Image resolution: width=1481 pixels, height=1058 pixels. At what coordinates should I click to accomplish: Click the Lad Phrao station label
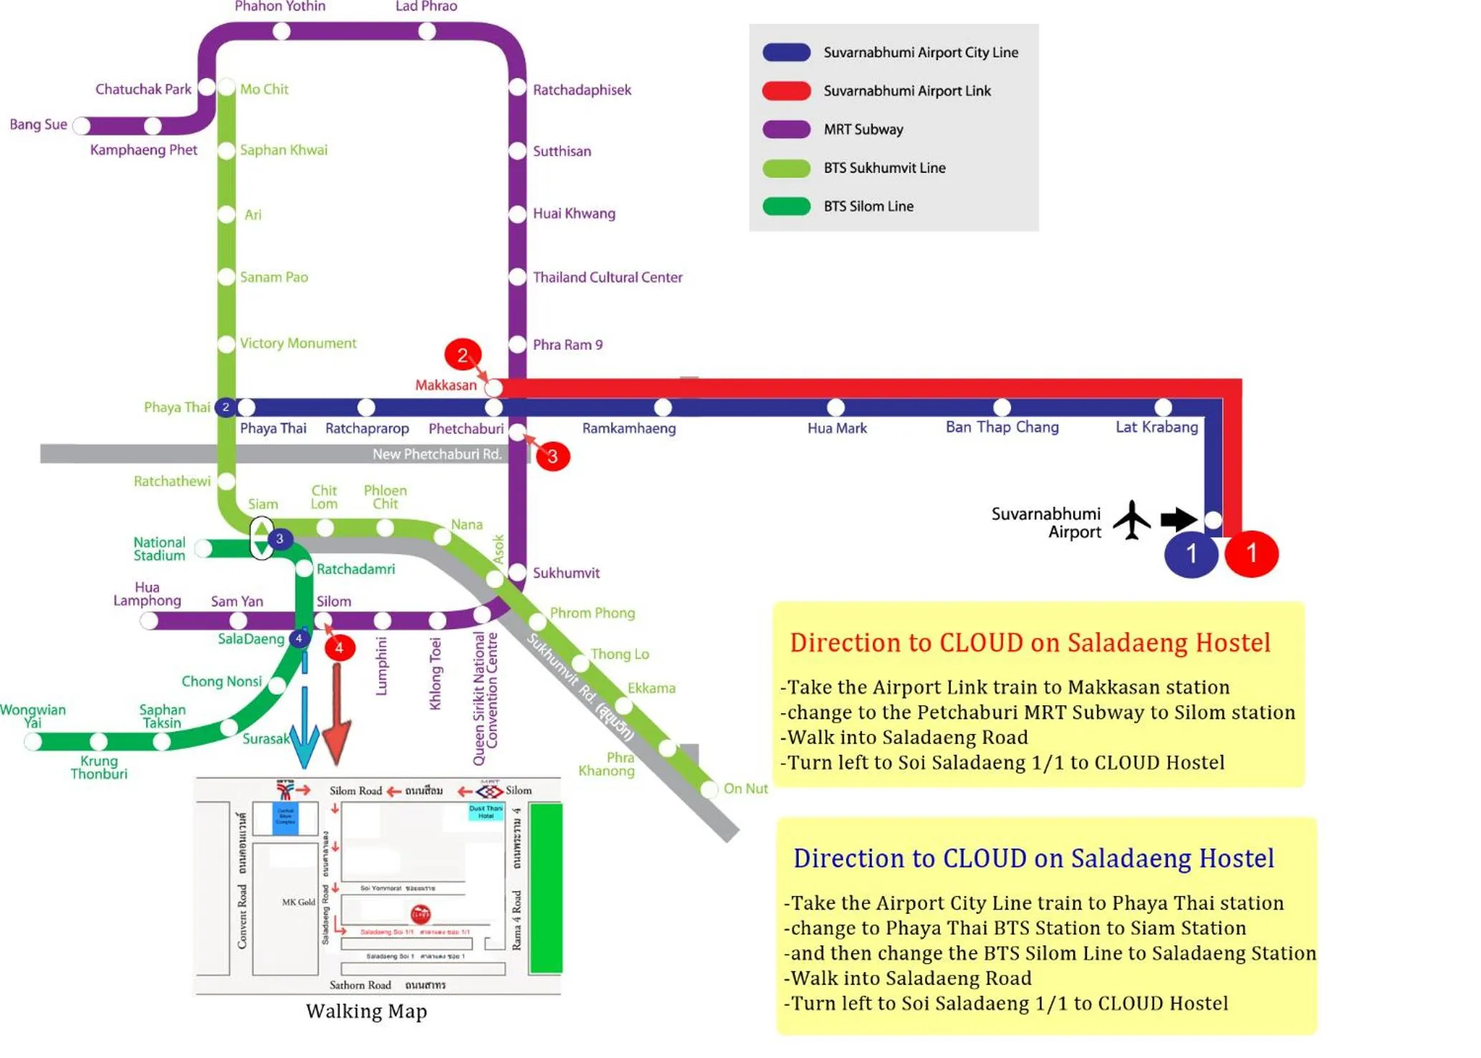pyautogui.click(x=426, y=6)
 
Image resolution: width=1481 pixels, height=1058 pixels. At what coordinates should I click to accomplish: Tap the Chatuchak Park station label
pyautogui.click(x=143, y=89)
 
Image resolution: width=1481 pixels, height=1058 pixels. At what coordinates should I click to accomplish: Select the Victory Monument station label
pyautogui.click(x=298, y=343)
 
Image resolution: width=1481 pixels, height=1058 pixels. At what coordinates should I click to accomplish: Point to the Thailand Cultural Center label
pyautogui.click(x=608, y=277)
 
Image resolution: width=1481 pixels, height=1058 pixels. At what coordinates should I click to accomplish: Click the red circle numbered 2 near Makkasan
pyautogui.click(x=462, y=355)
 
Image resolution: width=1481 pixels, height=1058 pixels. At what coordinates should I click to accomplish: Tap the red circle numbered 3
pyautogui.click(x=552, y=457)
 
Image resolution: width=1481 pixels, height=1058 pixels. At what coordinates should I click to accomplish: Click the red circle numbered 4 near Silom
pyautogui.click(x=339, y=648)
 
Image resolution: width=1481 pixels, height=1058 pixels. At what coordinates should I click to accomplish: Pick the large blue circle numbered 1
pyautogui.click(x=1191, y=553)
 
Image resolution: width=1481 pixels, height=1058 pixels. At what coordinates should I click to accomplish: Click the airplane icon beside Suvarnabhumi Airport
pyautogui.click(x=1131, y=520)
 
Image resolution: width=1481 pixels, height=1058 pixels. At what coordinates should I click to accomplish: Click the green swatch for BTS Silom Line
pyautogui.click(x=786, y=206)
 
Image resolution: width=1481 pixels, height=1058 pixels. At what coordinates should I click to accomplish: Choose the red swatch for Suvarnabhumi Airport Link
pyautogui.click(x=786, y=91)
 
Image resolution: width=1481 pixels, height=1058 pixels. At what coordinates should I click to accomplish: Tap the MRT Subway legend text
pyautogui.click(x=863, y=130)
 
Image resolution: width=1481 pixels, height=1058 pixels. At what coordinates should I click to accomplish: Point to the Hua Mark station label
pyautogui.click(x=837, y=429)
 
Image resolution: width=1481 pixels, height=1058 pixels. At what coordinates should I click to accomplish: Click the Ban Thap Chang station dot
pyautogui.click(x=1002, y=408)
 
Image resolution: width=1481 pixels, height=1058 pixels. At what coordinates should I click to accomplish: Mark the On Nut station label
pyautogui.click(x=745, y=788)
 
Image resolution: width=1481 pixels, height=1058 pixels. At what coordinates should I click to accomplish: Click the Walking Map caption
pyautogui.click(x=366, y=1011)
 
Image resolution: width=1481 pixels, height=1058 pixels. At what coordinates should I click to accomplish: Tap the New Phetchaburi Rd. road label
pyautogui.click(x=437, y=454)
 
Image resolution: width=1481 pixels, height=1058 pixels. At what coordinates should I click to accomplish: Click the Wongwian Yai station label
pyautogui.click(x=32, y=715)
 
